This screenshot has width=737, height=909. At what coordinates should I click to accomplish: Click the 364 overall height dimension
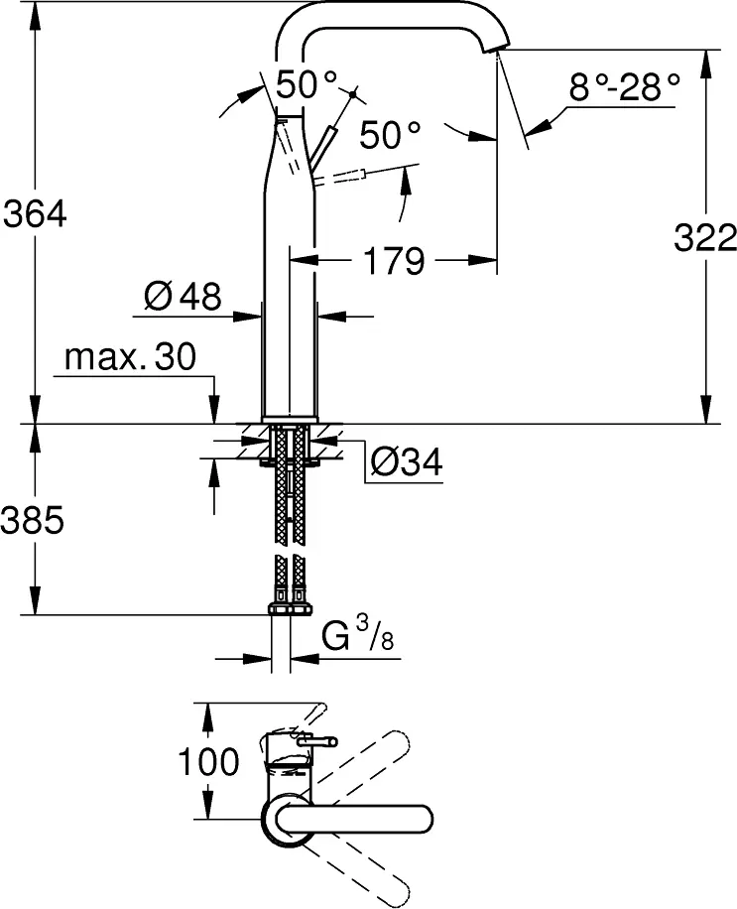point(35,212)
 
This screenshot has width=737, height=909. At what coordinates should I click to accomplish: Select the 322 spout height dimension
point(705,238)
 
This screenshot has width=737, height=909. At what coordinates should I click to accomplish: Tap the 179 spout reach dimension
point(392,262)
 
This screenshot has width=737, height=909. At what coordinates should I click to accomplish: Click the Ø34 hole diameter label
point(405,460)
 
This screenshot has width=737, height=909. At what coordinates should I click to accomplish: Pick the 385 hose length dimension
point(35,519)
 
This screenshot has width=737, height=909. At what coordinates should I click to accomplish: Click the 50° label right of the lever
point(390,135)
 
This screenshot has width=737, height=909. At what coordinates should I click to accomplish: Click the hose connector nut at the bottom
point(290,606)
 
